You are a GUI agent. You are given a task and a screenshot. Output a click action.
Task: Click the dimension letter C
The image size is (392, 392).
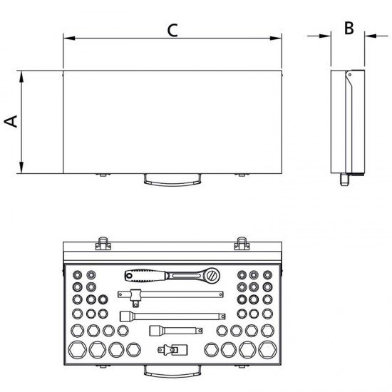[172, 31]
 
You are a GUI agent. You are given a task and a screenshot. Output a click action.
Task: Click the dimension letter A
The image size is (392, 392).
[11, 121]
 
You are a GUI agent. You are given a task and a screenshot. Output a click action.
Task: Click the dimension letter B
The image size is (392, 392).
[349, 28]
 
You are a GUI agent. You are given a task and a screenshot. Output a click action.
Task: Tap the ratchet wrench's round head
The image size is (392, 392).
[212, 275]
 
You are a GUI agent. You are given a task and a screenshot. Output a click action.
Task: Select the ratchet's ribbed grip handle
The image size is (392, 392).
[145, 276]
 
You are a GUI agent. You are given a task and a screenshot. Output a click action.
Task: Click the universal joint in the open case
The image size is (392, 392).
[172, 349]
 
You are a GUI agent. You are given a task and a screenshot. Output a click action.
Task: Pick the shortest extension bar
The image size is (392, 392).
[176, 331]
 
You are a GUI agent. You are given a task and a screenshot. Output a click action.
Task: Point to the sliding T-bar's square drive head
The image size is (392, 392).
[136, 297]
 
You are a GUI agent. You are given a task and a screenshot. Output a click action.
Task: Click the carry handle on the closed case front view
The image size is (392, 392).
[172, 180]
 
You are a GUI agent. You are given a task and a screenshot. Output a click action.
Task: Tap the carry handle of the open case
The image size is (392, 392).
[172, 371]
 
